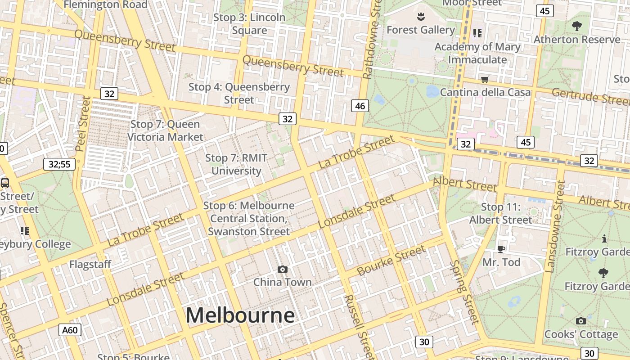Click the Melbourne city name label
(x=240, y=315)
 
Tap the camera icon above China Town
(x=283, y=269)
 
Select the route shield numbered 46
(x=360, y=106)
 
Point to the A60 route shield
(x=70, y=330)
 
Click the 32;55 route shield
(x=59, y=164)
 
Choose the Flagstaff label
(x=90, y=264)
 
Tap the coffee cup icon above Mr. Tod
(x=501, y=249)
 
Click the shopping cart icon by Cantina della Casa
(x=485, y=80)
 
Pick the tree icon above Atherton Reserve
(x=576, y=26)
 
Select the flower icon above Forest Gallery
(x=421, y=17)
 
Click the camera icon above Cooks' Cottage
(x=581, y=321)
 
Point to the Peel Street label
(x=82, y=123)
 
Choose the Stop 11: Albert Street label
(x=501, y=213)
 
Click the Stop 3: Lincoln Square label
(x=249, y=24)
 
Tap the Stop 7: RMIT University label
(x=236, y=164)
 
